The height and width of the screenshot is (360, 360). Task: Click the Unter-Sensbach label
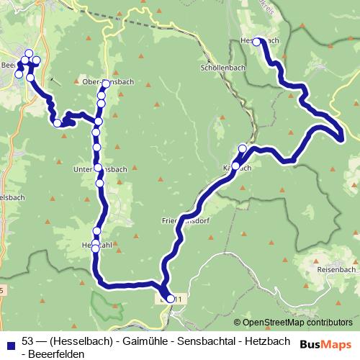101,170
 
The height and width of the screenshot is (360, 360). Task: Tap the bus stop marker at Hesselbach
256,42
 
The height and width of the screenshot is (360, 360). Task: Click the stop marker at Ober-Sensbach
106,85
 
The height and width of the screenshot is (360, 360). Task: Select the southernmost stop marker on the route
171,298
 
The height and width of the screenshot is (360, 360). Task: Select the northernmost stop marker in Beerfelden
29,53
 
